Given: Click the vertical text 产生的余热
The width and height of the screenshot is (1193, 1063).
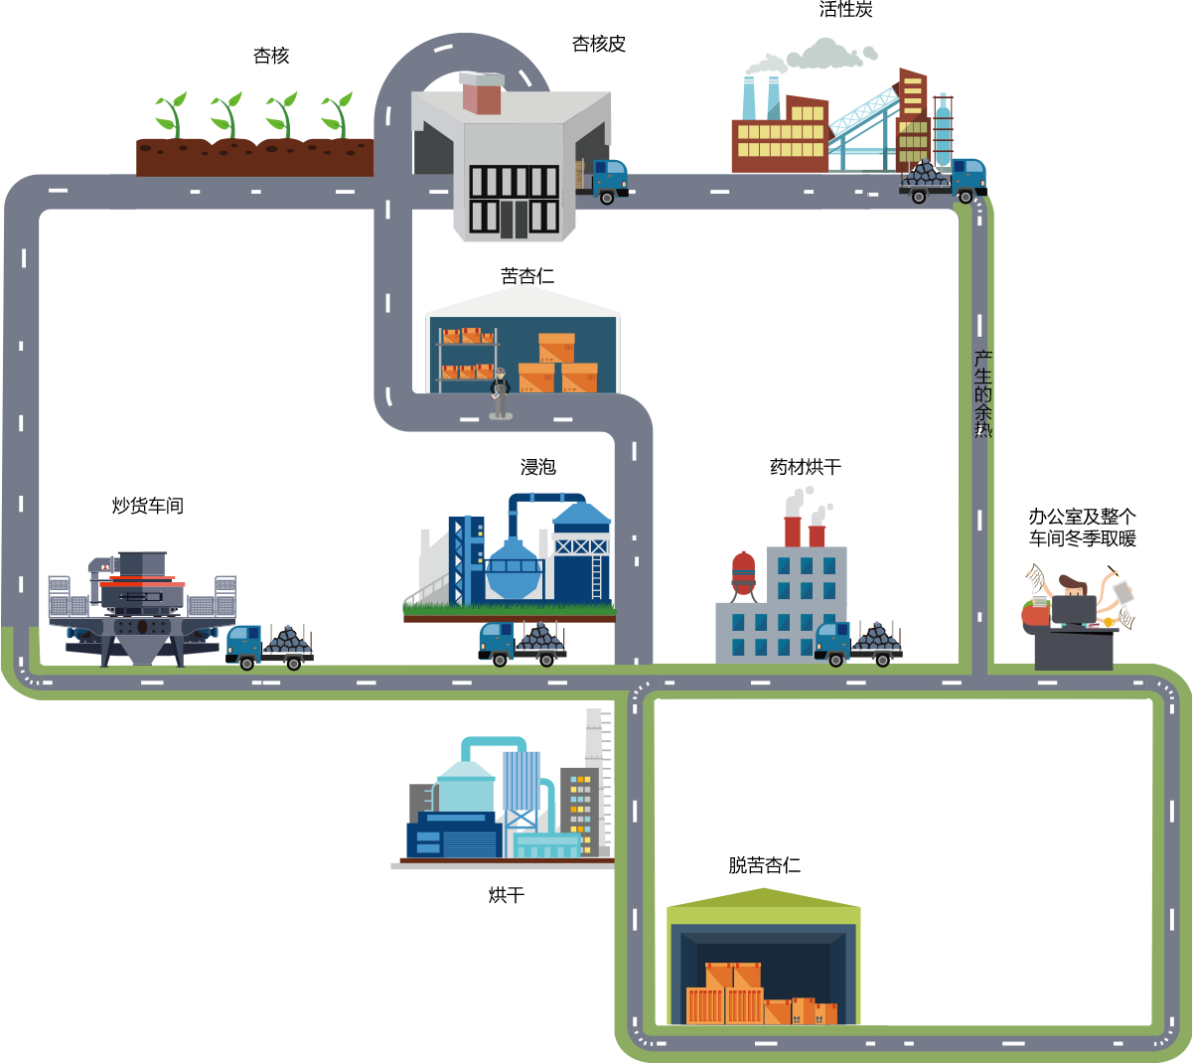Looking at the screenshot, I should (982, 393).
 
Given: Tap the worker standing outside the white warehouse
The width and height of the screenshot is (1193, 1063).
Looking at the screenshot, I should (500, 392).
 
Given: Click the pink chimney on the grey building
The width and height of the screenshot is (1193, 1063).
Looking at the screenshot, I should (482, 93).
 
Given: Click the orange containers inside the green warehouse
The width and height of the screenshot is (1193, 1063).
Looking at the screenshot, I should (759, 994).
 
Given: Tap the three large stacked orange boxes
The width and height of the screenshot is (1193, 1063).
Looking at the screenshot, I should (558, 365).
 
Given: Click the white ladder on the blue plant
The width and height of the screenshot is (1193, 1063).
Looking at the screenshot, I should (597, 577).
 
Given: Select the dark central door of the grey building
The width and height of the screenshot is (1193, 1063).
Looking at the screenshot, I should (514, 219).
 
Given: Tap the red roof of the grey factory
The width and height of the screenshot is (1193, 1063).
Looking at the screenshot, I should (726, 546).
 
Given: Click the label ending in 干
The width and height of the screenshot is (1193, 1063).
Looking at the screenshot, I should (806, 467).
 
